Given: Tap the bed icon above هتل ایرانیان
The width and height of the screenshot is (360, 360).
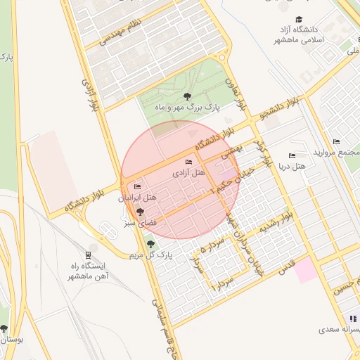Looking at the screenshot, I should (x=137, y=187).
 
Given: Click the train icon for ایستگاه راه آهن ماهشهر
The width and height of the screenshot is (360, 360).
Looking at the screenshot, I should (x=88, y=255).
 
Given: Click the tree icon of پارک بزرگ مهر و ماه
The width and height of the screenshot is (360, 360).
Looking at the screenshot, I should (x=186, y=96).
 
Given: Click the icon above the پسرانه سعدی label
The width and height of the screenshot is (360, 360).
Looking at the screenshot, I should (x=353, y=319).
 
